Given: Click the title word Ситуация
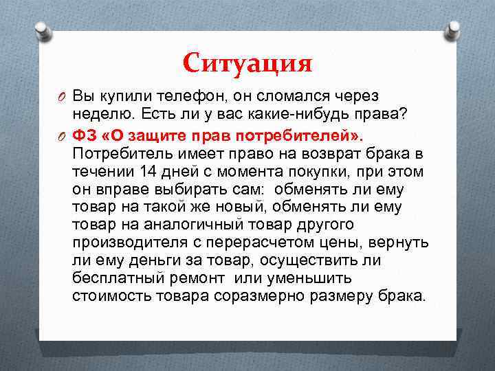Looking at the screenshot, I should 247,64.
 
